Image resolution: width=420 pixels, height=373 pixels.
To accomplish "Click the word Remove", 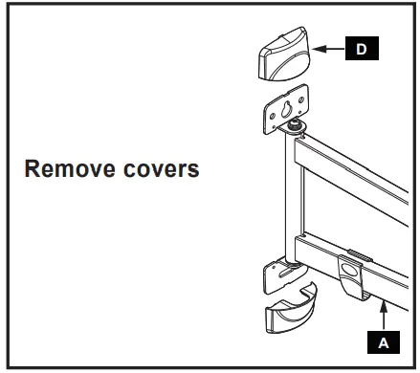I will tap(64, 170).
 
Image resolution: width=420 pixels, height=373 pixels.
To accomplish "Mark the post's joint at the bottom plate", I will tap(285, 256).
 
